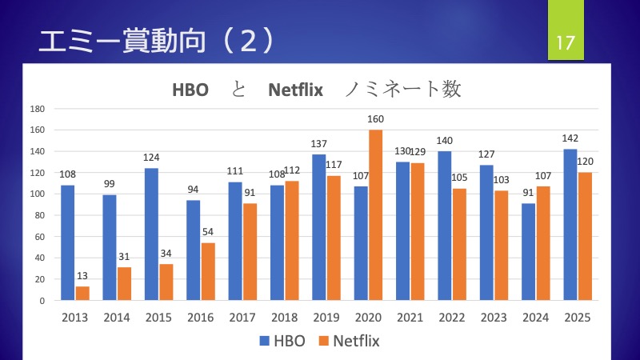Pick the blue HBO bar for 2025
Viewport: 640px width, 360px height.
(570, 224)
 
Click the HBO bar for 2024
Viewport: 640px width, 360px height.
(528, 251)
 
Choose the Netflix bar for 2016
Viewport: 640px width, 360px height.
(209, 271)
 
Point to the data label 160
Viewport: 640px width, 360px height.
(376, 119)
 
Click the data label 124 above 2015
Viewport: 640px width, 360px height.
(151, 158)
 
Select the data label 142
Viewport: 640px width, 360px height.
(570, 138)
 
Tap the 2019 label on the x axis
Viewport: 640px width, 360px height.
(326, 318)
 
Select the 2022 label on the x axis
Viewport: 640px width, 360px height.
(452, 318)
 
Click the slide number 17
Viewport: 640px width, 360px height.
(566, 41)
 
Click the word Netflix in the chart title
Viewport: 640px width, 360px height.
(295, 90)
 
